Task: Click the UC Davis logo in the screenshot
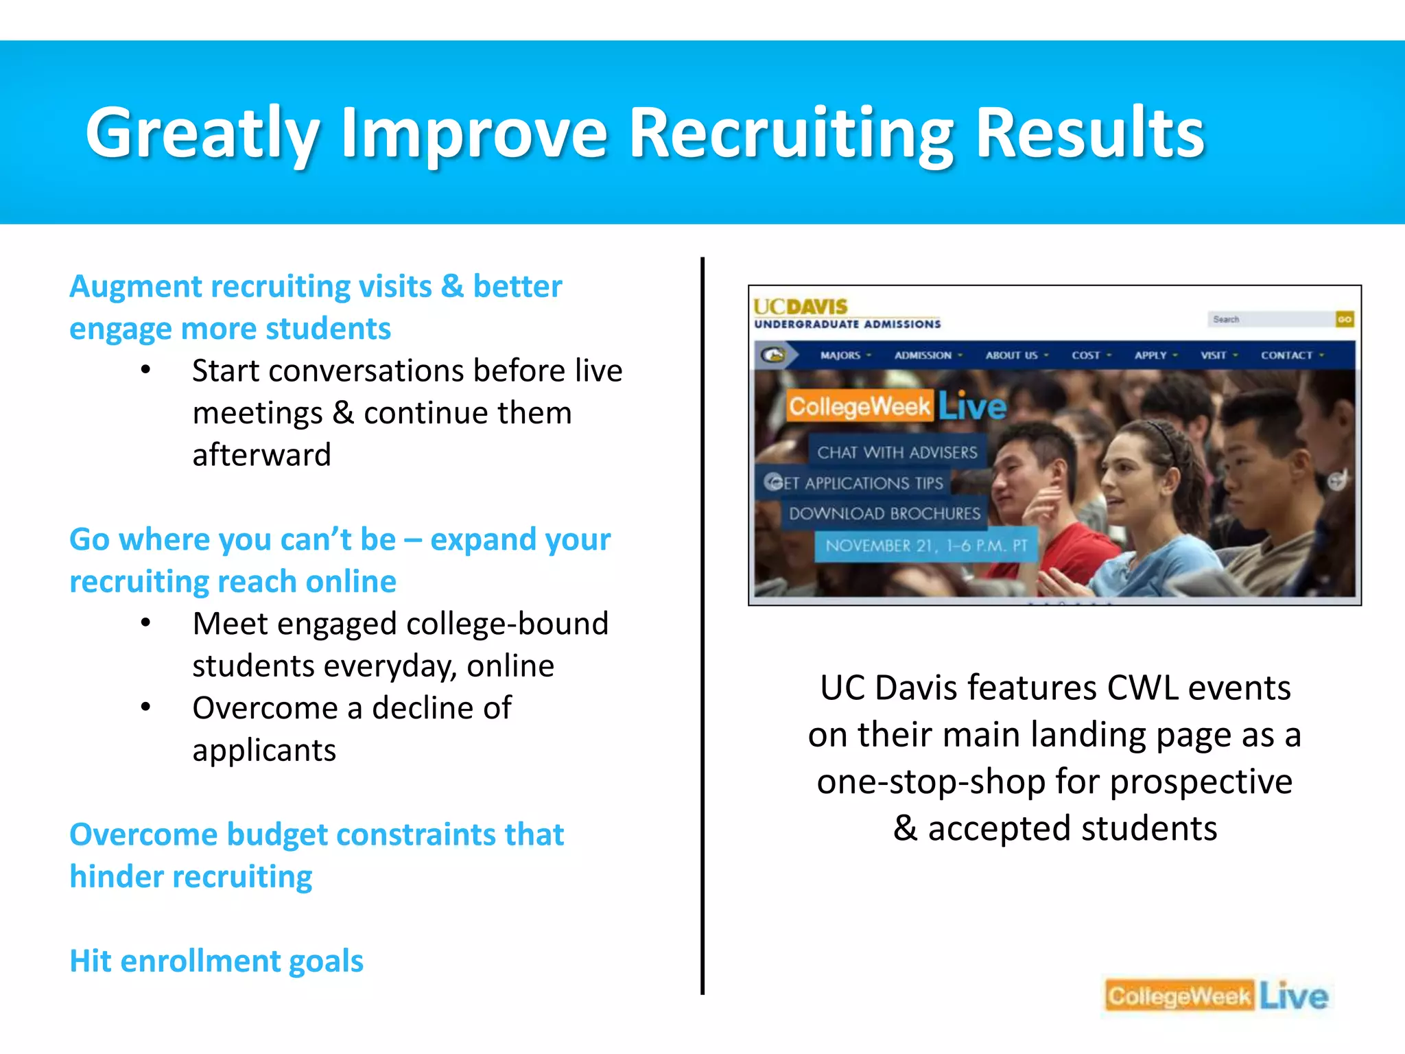pyautogui.click(x=801, y=306)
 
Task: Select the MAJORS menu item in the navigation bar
pyautogui.click(x=840, y=355)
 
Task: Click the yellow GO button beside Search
pyautogui.click(x=1345, y=319)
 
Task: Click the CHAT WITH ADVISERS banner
pyautogui.click(x=897, y=452)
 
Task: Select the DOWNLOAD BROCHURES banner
pyautogui.click(x=884, y=513)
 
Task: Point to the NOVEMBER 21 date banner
pyautogui.click(x=926, y=546)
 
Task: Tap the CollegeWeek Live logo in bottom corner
pyautogui.click(x=1216, y=996)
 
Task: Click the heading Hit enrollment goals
pyautogui.click(x=216, y=961)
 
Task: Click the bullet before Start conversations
pyautogui.click(x=145, y=371)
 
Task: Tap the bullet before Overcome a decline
pyautogui.click(x=145, y=707)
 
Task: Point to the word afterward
pyautogui.click(x=261, y=455)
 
